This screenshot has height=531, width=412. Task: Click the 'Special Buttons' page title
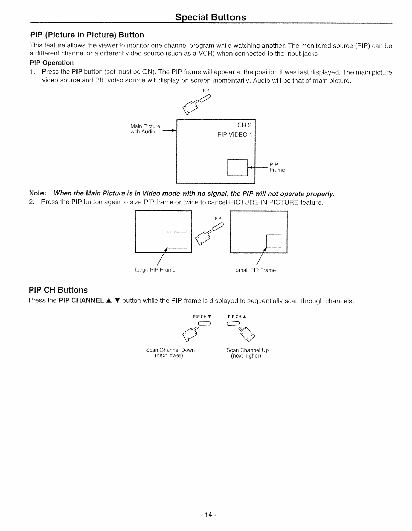coord(211,17)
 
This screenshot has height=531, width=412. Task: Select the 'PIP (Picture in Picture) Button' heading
coord(87,35)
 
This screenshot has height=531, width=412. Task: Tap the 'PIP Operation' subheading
coord(52,63)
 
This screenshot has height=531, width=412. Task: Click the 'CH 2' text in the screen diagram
coord(244,126)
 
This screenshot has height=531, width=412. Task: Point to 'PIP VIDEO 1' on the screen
coord(235,135)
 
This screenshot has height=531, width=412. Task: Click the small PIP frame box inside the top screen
coord(238,167)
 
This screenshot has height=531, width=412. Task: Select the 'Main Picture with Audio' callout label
coord(145,129)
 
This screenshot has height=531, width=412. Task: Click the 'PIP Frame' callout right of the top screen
coord(277,167)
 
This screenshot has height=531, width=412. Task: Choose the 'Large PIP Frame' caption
coord(155,270)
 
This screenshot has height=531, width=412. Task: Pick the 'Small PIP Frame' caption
coord(255,270)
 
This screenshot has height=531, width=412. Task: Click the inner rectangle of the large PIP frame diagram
coord(177,240)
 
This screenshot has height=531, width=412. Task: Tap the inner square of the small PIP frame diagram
coord(274,241)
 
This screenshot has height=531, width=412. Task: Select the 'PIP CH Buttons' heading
coord(58,290)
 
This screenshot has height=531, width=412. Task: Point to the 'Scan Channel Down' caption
coord(170,350)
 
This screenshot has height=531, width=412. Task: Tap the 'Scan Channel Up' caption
coord(247,350)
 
